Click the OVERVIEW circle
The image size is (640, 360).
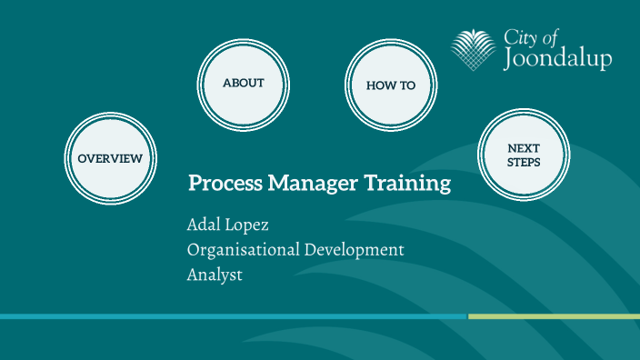[x=110, y=158]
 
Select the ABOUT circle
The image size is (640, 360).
[x=244, y=83]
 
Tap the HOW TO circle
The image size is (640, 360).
[x=391, y=85]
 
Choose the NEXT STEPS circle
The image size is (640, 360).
[x=524, y=155]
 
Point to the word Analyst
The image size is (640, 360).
[x=215, y=274]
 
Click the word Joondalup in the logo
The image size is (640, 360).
[x=557, y=59]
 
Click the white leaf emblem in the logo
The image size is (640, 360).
[x=475, y=50]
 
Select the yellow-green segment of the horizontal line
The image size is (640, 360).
[x=554, y=316]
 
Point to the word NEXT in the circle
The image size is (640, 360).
[x=524, y=147]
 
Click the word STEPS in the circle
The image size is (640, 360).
[x=524, y=163]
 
